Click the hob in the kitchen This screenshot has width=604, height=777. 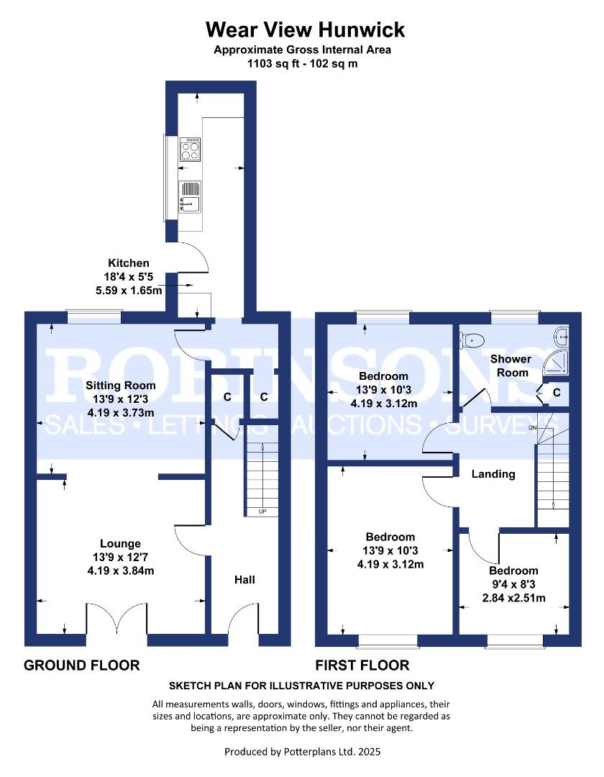pyautogui.click(x=191, y=150)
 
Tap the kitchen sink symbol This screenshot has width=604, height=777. pyautogui.click(x=190, y=196)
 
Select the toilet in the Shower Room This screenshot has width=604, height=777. pyautogui.click(x=473, y=340)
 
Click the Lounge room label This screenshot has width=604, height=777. pyautogui.click(x=121, y=544)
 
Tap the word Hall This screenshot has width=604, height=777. pyautogui.click(x=244, y=579)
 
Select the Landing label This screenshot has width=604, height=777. pyautogui.click(x=493, y=474)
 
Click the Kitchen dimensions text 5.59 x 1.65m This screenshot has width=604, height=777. pyautogui.click(x=129, y=289)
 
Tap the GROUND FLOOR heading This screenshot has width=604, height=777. pyautogui.click(x=82, y=665)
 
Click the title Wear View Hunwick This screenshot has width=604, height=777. pyautogui.click(x=305, y=29)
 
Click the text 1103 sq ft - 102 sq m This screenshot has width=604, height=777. pyautogui.click(x=302, y=63)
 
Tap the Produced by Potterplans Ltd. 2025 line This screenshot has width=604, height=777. pyautogui.click(x=302, y=752)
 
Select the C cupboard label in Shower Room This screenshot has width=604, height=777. pyautogui.click(x=557, y=392)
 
